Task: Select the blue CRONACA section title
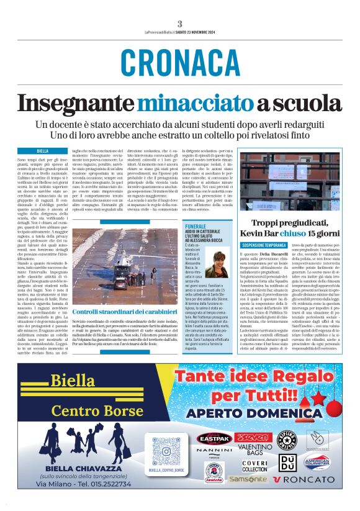[179, 63]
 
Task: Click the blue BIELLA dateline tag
[43, 151]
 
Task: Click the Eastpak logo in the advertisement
[214, 438]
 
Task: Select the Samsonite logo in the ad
[248, 479]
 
